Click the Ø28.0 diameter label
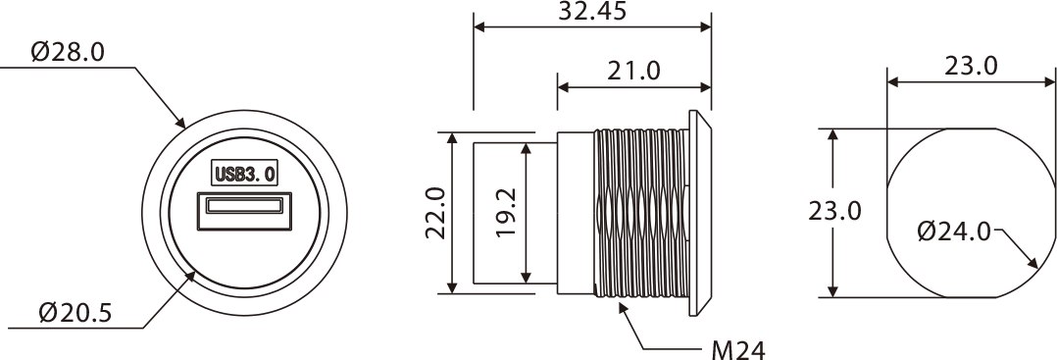point(68,53)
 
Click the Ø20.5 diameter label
point(75,313)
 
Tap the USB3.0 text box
point(245,173)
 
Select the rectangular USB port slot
point(245,211)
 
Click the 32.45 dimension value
point(592,11)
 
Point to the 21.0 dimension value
point(633,71)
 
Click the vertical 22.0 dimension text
point(435,213)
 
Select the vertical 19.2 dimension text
point(506,212)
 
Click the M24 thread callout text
point(739,349)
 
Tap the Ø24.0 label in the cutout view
point(954,231)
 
